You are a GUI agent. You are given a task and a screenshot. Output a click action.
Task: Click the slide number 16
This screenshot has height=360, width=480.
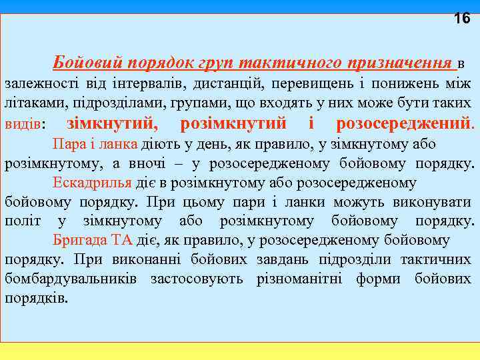pos(461,19)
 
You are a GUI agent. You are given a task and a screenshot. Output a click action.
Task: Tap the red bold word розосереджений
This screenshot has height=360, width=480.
pos(404,124)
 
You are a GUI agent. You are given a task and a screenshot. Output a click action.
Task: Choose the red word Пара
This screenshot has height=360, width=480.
pos(67,145)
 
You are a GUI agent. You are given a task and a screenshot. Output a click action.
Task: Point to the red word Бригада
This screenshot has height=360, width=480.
pos(79,241)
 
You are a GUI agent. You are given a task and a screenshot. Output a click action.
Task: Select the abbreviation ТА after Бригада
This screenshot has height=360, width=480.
pos(123,241)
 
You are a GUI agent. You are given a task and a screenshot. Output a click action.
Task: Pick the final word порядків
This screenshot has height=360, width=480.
pos(37,298)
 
